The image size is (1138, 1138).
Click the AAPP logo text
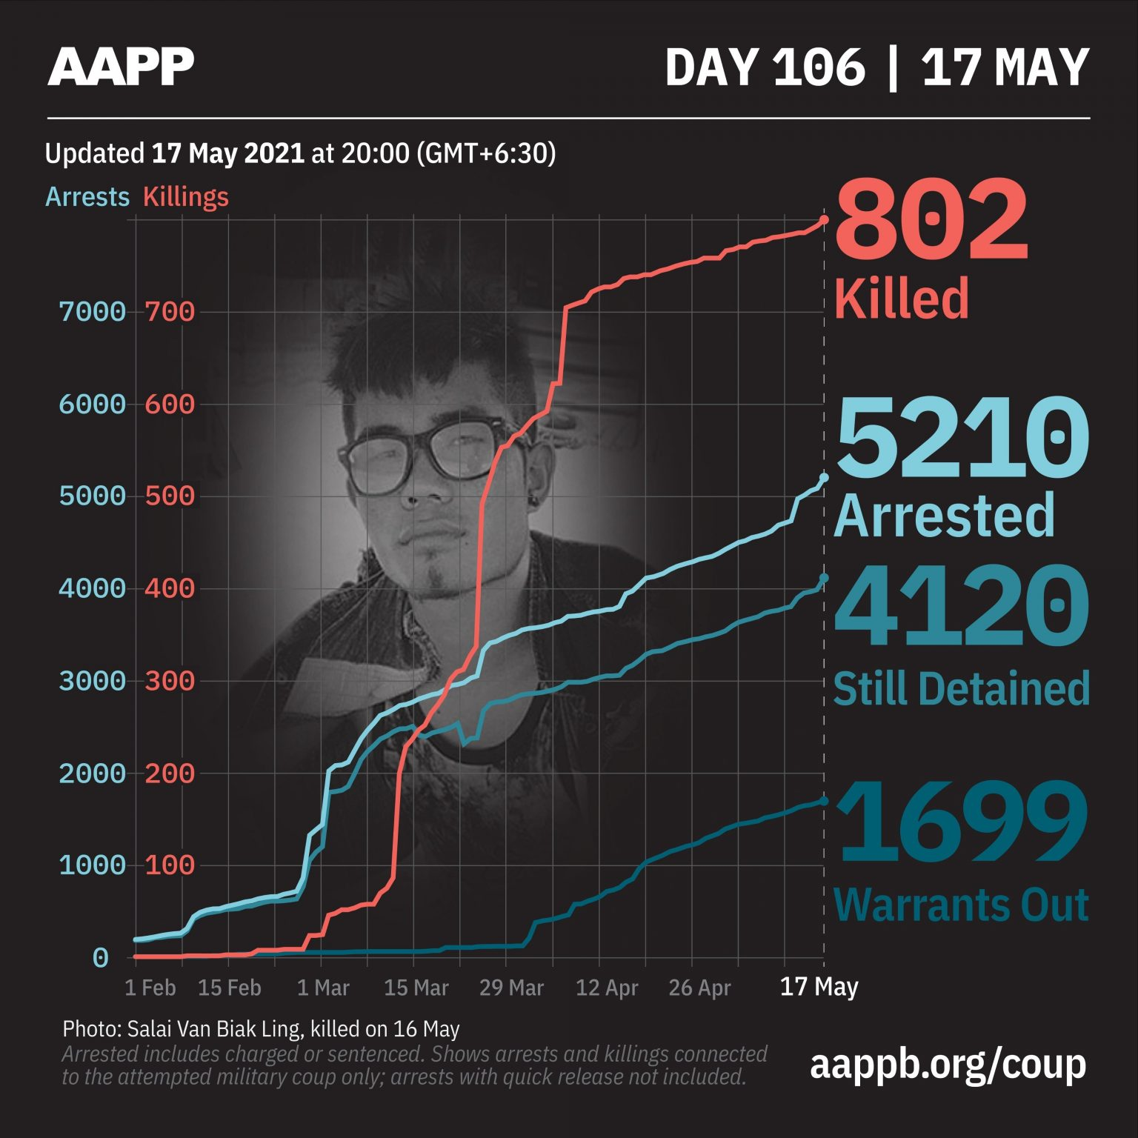(121, 67)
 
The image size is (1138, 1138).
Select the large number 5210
(961, 438)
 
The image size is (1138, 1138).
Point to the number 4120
(961, 608)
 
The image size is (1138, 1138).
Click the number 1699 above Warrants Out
(961, 823)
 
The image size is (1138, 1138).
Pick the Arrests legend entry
(87, 197)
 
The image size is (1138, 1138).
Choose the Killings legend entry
(185, 197)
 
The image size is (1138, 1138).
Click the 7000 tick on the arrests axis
(93, 312)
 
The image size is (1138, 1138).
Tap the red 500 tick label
(170, 496)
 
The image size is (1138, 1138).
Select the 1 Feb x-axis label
(150, 988)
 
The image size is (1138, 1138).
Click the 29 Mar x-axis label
(511, 988)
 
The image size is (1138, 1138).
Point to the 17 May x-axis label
(819, 987)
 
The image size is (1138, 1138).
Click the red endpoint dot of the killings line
(824, 220)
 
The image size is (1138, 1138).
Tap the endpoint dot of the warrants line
(824, 801)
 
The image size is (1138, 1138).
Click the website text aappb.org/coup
(948, 1064)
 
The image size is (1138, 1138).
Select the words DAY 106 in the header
(765, 67)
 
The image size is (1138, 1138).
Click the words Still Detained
(961, 689)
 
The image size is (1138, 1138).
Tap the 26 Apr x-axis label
(699, 988)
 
